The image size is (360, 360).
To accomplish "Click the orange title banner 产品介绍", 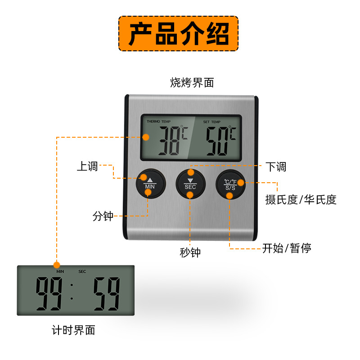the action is [x=178, y=33].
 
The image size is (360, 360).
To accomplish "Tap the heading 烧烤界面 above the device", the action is [x=192, y=82].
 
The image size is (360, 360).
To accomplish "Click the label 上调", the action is [x=87, y=166].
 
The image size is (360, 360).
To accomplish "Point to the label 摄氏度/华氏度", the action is [x=301, y=200].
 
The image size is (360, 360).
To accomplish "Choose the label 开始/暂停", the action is [x=287, y=248].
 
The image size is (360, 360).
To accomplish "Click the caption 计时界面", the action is [x=73, y=330].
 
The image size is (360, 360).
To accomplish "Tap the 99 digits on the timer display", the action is [x=49, y=293].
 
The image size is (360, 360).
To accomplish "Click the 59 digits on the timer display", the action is [x=107, y=293].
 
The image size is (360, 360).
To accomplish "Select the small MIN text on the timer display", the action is [x=60, y=272].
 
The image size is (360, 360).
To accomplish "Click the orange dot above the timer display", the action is [x=57, y=265].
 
